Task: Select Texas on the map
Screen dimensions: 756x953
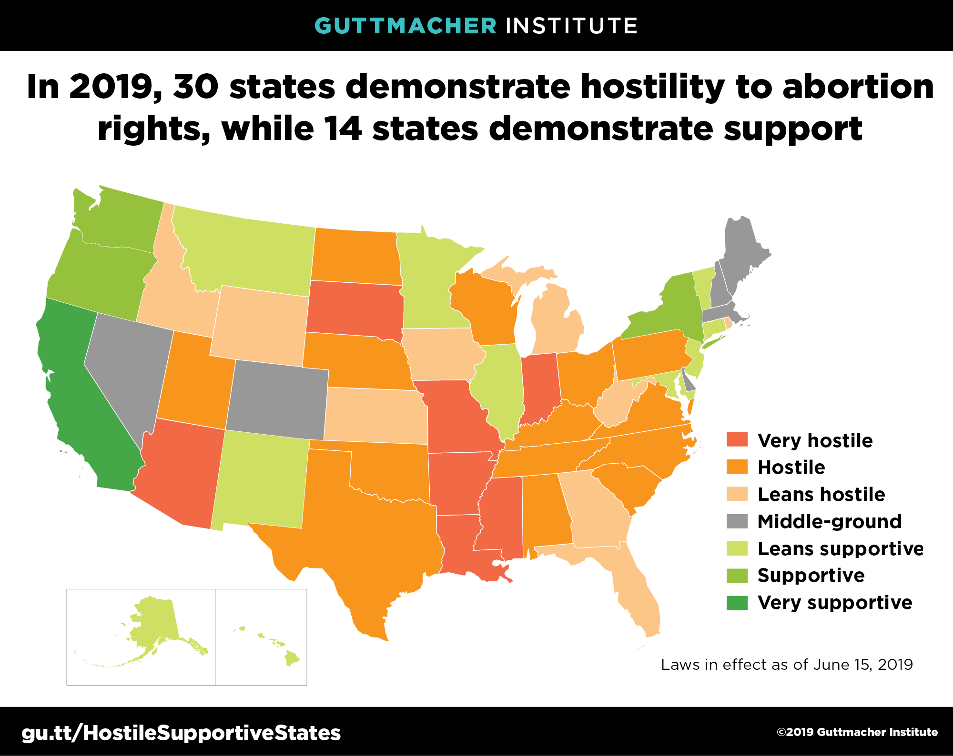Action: tap(372, 533)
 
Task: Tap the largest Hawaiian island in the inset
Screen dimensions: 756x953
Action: tap(292, 659)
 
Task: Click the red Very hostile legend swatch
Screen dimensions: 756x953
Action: tap(737, 439)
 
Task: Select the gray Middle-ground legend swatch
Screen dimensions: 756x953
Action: tap(737, 521)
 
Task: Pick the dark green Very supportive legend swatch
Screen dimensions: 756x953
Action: tap(737, 602)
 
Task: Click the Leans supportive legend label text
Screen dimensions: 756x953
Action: tap(840, 548)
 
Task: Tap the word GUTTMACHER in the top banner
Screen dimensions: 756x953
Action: tap(406, 26)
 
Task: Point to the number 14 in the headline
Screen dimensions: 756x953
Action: tap(342, 129)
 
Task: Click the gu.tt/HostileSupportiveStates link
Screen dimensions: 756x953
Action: tap(181, 733)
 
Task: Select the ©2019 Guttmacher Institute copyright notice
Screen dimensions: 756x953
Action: tap(857, 732)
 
